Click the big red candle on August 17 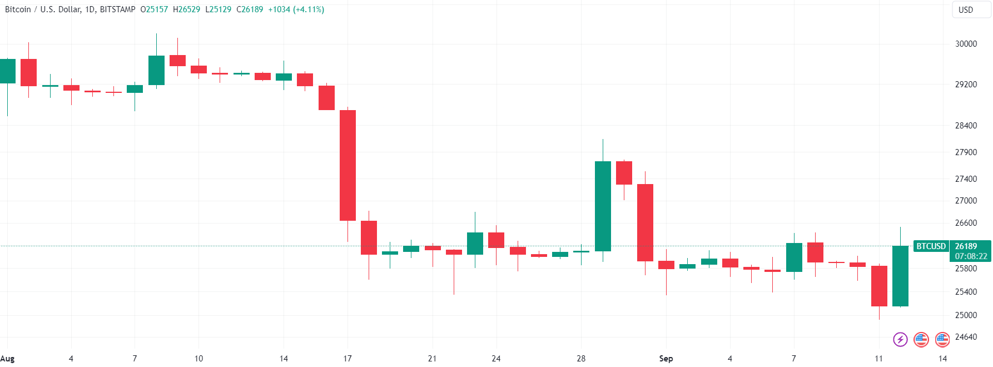(x=347, y=165)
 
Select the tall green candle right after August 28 (x=603, y=206)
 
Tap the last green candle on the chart (x=900, y=276)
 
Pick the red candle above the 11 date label (x=879, y=286)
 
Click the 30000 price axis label (x=966, y=44)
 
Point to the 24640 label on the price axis (x=966, y=337)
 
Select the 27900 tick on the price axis (x=966, y=152)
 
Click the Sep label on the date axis (x=666, y=359)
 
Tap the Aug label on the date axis (x=8, y=359)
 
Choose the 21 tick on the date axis (x=432, y=359)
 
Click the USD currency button (x=966, y=10)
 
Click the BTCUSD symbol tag (x=931, y=246)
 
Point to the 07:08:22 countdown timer (x=971, y=256)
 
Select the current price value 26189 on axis (x=966, y=246)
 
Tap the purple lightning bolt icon (x=900, y=339)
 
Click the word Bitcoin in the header (x=18, y=9)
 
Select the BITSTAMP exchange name (x=117, y=9)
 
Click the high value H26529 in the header (x=186, y=9)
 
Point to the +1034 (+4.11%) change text (x=296, y=9)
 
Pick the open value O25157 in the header (x=154, y=9)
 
